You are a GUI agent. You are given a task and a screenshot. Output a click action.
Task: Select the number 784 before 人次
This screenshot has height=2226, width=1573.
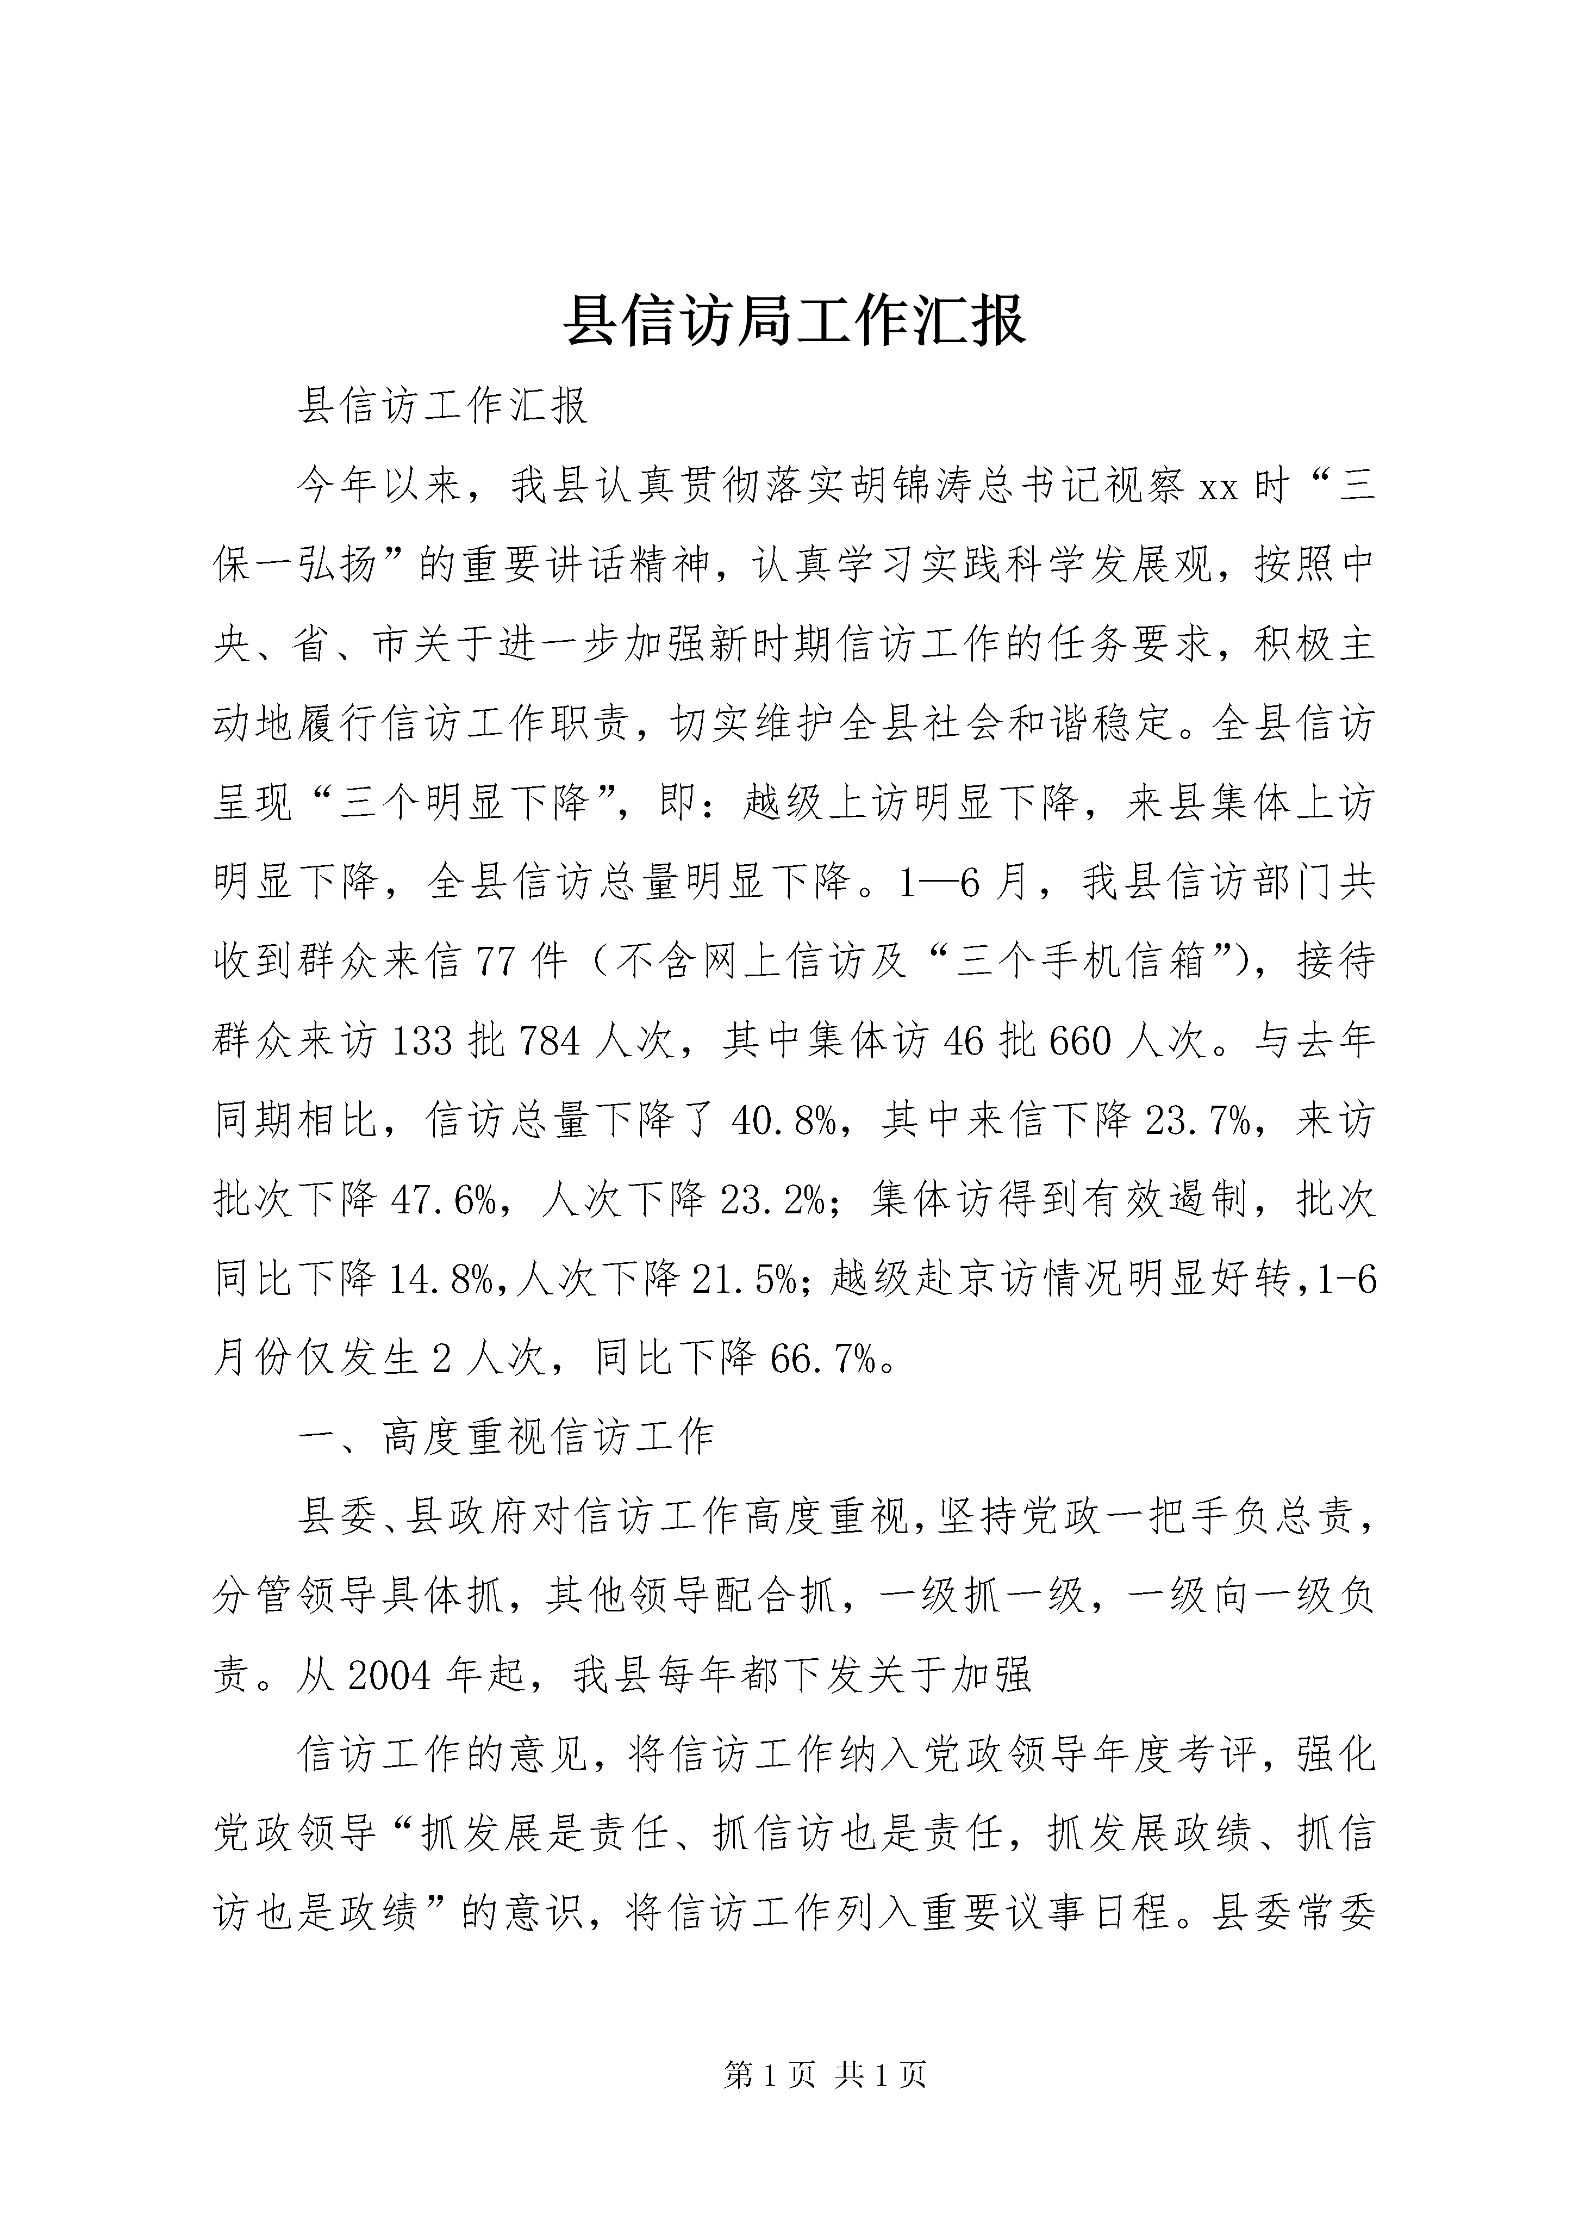(550, 1041)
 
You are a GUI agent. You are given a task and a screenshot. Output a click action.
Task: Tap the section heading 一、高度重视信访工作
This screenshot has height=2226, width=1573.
(506, 1438)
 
